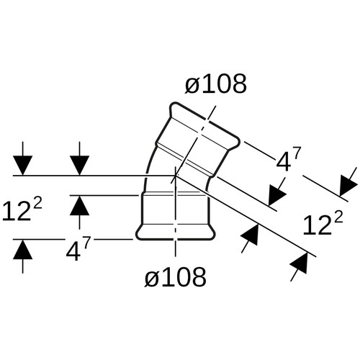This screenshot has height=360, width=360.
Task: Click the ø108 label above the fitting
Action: (216, 84)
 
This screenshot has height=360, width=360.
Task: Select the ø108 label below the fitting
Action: (176, 277)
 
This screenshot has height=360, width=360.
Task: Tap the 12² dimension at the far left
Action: (22, 210)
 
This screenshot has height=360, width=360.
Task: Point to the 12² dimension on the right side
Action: (323, 224)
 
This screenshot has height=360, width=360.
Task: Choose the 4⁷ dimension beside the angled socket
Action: (289, 158)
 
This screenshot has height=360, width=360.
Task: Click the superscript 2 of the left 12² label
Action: (37, 204)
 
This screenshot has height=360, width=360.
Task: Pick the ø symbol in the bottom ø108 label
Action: (152, 279)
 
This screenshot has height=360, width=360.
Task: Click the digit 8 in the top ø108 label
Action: (238, 84)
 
